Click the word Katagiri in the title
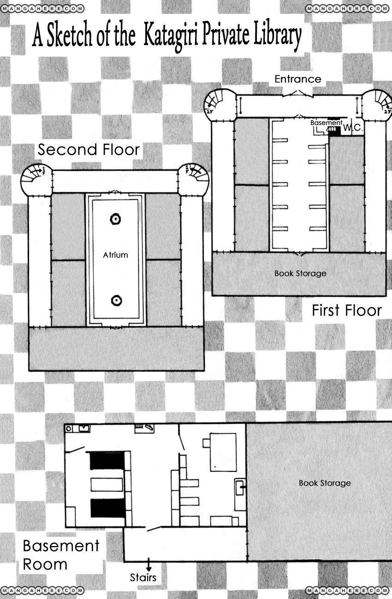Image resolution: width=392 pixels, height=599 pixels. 170,36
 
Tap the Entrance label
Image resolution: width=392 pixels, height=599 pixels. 298,79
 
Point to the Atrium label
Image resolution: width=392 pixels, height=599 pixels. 116,255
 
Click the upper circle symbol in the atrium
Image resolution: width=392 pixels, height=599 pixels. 115,219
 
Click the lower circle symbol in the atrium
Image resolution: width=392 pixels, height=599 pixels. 116,300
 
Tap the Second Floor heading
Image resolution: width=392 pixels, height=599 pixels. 89,149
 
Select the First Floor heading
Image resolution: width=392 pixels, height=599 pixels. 347,311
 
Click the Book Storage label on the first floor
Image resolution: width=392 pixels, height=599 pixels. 300,274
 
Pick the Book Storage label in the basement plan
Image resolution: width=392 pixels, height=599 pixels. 325,483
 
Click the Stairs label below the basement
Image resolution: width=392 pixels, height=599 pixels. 143,577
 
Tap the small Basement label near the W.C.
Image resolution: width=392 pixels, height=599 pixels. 326,123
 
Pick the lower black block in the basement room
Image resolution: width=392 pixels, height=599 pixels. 108,508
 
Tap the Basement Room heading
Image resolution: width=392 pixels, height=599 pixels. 61,555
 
